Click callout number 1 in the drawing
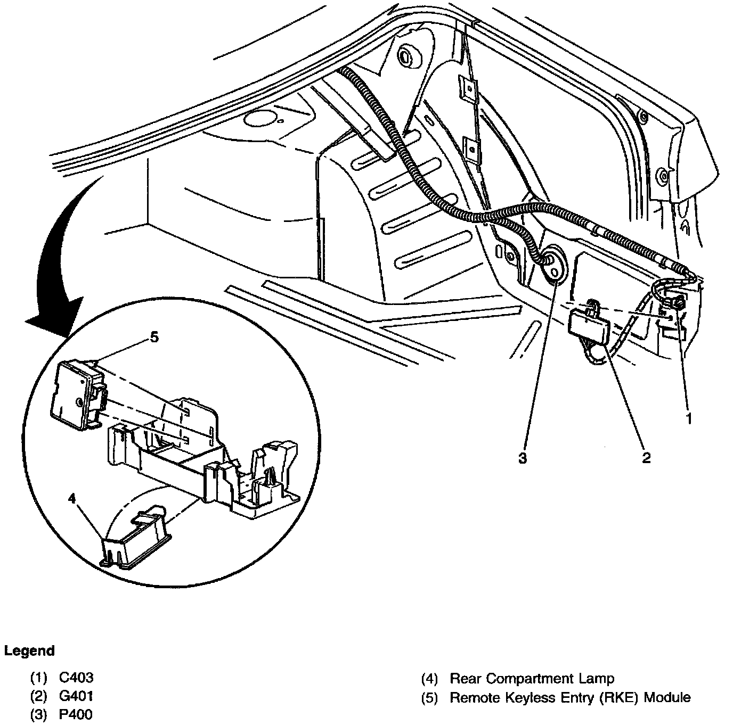(688, 418)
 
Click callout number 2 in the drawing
(646, 457)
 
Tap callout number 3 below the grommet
(523, 458)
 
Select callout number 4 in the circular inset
(72, 499)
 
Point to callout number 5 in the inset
(154, 338)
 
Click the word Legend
(29, 650)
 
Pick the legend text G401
(76, 695)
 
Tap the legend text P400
(76, 713)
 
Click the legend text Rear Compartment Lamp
(532, 678)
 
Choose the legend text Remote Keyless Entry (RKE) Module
(570, 697)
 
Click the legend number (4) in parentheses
(429, 678)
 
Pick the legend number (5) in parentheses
(429, 697)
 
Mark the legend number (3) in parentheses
(38, 713)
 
